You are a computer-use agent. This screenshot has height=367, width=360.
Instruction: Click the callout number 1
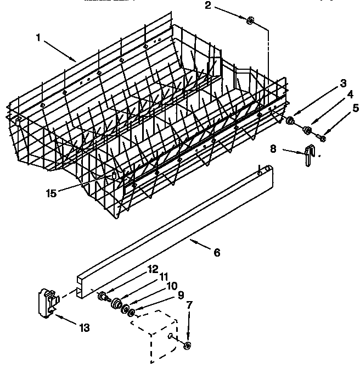pyautogui.click(x=38, y=37)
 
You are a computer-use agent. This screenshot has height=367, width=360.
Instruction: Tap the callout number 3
pyautogui.click(x=343, y=84)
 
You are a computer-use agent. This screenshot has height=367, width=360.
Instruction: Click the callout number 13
pyautogui.click(x=84, y=328)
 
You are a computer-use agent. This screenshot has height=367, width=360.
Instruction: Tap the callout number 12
pyautogui.click(x=153, y=269)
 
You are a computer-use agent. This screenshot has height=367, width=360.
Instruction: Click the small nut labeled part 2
pyautogui.click(x=250, y=21)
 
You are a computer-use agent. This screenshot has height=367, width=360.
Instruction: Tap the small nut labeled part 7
pyautogui.click(x=187, y=345)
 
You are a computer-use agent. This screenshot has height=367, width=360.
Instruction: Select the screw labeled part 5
pyautogui.click(x=322, y=137)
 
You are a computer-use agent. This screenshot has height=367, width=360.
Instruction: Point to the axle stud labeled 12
pyautogui.click(x=102, y=297)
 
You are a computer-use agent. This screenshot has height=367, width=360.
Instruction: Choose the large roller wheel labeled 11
pyautogui.click(x=116, y=304)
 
